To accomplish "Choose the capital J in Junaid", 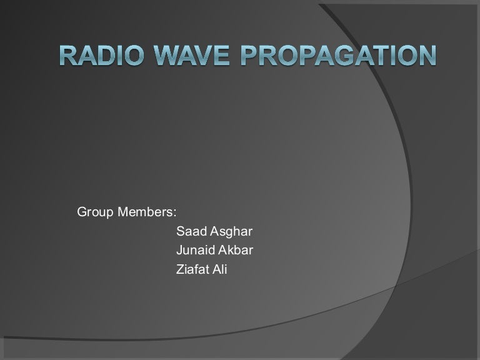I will click(x=180, y=251).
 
